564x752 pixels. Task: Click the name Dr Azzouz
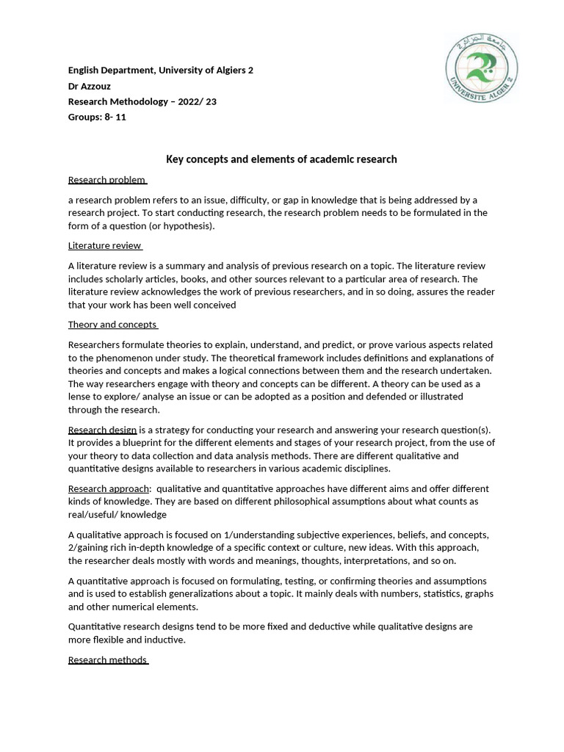90,86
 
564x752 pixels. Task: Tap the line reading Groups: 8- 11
97,117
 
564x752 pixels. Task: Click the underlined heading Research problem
107,180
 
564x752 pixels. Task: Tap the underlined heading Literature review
104,246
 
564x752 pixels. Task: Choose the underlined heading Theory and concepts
112,325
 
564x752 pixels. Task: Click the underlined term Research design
102,430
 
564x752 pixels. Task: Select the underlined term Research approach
109,488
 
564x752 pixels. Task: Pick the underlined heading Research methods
107,659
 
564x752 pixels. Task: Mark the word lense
80,397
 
